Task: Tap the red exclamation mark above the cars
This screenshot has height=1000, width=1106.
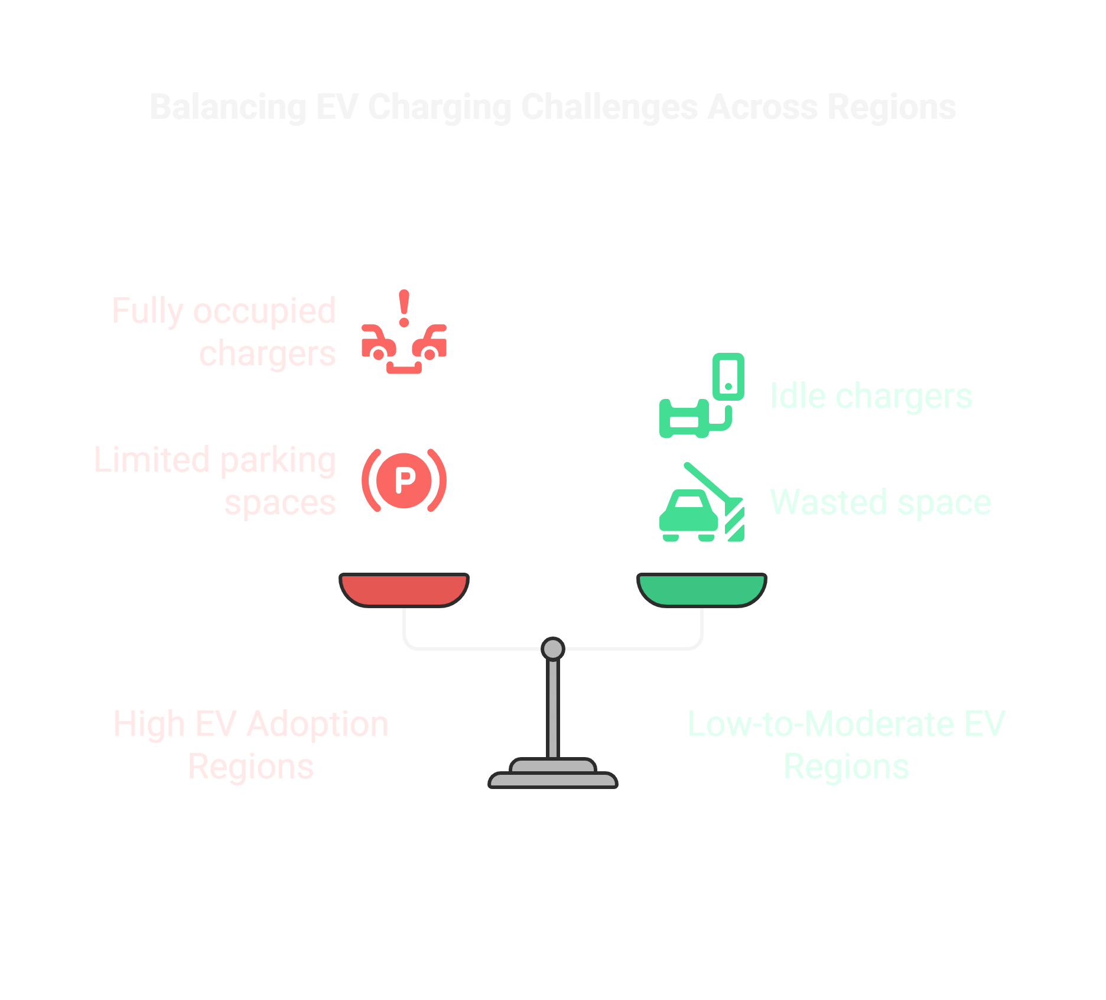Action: (404, 308)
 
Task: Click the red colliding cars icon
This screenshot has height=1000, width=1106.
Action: (404, 349)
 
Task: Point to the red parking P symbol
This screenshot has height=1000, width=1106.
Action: (404, 480)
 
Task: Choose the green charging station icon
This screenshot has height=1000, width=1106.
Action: (702, 396)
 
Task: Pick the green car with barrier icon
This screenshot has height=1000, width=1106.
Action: (702, 502)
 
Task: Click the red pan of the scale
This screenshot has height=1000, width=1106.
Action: (404, 589)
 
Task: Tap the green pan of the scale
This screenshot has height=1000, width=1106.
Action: (702, 589)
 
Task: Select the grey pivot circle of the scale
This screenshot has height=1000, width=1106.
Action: (553, 649)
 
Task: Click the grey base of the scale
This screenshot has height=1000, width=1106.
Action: (553, 775)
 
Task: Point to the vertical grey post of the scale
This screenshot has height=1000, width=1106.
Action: (553, 709)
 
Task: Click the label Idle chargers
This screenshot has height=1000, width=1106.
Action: (871, 396)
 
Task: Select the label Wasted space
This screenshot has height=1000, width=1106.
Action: (880, 502)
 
